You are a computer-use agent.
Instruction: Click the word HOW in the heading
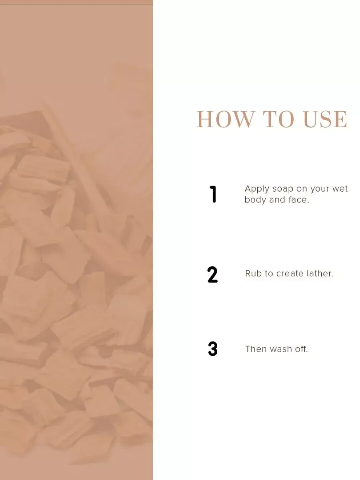coord(226,119)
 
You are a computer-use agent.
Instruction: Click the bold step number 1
coord(213,194)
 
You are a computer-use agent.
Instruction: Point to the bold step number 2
coord(212,274)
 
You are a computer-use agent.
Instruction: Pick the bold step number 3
coord(213,349)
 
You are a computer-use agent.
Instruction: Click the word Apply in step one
coord(257,189)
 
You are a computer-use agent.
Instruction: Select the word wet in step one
coord(340,188)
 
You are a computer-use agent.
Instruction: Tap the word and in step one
coord(277,200)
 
